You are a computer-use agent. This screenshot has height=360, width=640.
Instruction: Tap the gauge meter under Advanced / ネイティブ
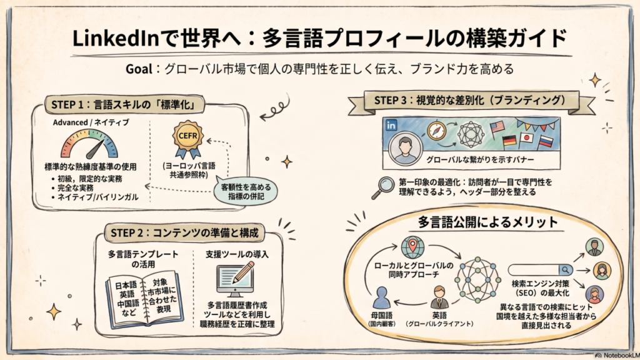click(89, 144)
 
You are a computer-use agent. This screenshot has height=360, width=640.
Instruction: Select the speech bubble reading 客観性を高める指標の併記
click(245, 191)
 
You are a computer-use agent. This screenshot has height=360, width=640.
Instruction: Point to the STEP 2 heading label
click(184, 233)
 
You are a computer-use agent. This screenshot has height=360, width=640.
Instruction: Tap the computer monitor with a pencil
click(235, 279)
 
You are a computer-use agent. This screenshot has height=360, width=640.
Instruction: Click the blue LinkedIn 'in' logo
click(391, 125)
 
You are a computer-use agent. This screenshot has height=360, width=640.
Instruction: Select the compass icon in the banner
click(436, 131)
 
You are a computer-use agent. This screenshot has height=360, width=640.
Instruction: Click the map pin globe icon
click(412, 246)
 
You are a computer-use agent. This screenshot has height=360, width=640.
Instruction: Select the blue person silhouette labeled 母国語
click(382, 297)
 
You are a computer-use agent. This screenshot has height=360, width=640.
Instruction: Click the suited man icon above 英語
click(439, 297)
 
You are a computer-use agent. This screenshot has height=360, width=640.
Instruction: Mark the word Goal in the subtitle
click(139, 69)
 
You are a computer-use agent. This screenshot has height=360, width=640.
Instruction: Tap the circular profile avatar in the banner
click(405, 147)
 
